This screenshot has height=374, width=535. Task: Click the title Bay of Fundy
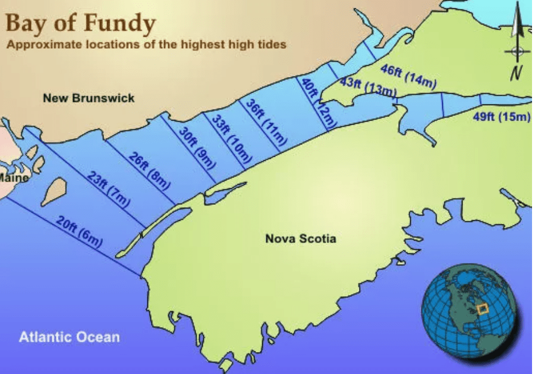81,23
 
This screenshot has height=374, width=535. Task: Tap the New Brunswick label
89,98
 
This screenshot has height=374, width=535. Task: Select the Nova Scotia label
300,239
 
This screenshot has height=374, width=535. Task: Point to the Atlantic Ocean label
69,337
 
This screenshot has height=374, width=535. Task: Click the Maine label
13,177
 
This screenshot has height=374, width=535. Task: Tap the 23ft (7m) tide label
107,188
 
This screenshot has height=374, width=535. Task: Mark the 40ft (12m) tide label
319,103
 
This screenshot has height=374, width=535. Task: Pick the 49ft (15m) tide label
501,116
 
